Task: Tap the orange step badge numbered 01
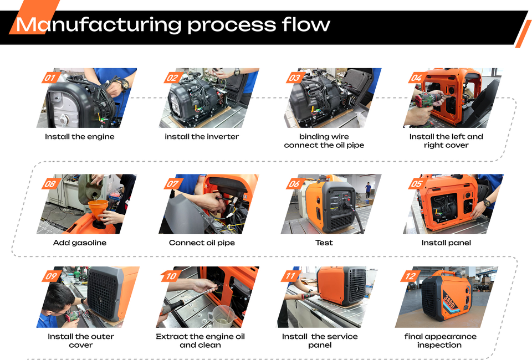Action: [x=50, y=78]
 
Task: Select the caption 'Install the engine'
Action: [x=80, y=137]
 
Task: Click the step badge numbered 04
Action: [x=416, y=78]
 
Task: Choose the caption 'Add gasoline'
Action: [x=80, y=243]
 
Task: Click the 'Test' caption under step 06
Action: [x=324, y=243]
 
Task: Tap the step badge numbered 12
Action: [x=410, y=276]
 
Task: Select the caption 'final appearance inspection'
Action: [x=440, y=341]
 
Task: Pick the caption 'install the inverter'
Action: [x=202, y=137]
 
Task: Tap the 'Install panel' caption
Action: [x=446, y=243]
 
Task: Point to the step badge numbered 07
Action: [x=172, y=184]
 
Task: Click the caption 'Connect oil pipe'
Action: [x=202, y=243]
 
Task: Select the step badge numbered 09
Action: [x=50, y=276]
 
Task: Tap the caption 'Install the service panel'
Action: [x=320, y=341]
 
